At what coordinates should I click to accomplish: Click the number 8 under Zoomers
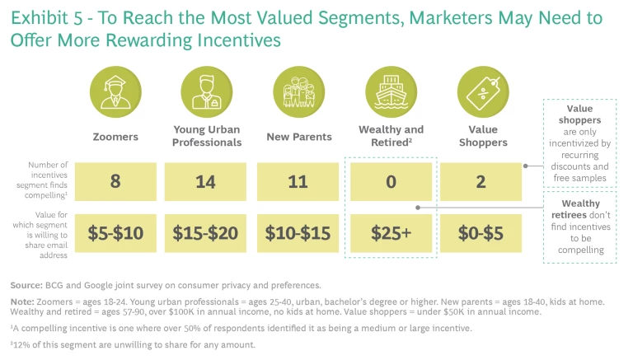pos(115,181)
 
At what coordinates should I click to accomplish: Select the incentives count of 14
pos(206,181)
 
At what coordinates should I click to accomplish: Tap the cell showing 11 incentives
pos(298,181)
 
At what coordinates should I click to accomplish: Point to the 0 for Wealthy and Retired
pos(391,181)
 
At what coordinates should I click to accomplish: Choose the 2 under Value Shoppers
pos(482,181)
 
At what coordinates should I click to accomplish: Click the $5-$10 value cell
pos(115,233)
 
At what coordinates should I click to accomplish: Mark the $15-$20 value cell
pos(206,233)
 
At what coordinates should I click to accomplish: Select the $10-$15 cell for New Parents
pos(298,233)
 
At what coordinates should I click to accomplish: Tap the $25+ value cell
pos(391,233)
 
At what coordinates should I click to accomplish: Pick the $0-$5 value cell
pos(482,233)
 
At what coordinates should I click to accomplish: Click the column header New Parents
pos(298,136)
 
